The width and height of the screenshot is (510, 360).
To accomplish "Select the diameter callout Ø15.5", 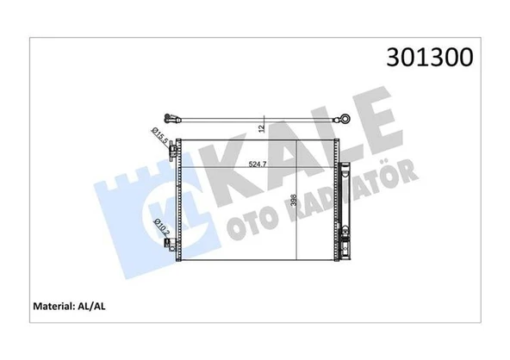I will pos(159,136).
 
